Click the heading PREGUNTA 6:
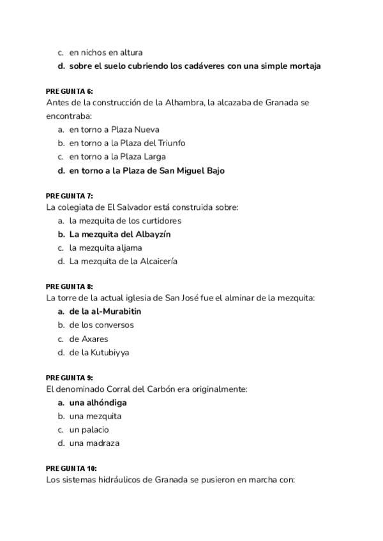click(x=70, y=91)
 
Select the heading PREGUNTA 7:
click(x=70, y=196)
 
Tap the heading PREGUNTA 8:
click(x=70, y=287)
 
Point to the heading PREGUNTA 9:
click(x=70, y=378)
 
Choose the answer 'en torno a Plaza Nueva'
click(x=114, y=130)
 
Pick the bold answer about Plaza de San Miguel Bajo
click(x=147, y=170)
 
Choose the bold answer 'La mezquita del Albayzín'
click(x=120, y=234)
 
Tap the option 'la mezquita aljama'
click(x=105, y=248)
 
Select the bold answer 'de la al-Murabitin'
click(x=105, y=311)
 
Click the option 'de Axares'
click(x=89, y=339)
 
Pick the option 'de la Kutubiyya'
click(x=99, y=352)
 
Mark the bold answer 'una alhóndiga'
click(x=98, y=403)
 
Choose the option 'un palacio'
click(x=89, y=429)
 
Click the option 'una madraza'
click(x=94, y=443)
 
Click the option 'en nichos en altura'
click(x=106, y=52)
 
